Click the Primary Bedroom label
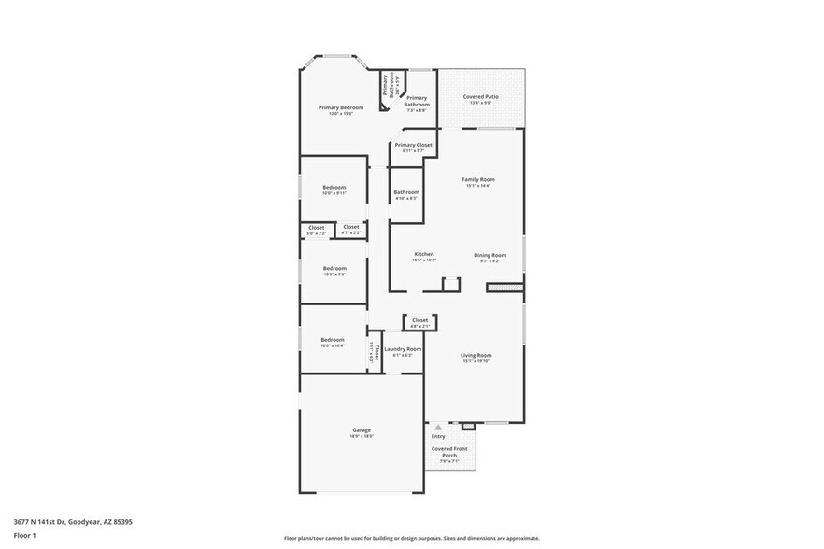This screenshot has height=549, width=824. coord(340,108)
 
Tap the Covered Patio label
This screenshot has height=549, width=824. coord(481,97)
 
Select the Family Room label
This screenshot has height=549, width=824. coord(478,179)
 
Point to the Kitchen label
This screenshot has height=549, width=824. coord(424,254)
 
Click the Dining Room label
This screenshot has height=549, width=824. coord(490,255)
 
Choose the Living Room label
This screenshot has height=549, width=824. coord(476,355)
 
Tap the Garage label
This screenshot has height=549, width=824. coord(362,430)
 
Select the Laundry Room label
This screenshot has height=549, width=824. coord(402,349)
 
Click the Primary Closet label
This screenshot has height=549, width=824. coord(412,145)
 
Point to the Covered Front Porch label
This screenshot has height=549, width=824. coord(448,452)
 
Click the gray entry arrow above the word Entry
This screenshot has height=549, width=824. coord(437,427)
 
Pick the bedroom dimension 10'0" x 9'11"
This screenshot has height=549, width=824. coord(334,193)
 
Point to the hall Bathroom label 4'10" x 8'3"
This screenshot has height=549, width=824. coord(406,195)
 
